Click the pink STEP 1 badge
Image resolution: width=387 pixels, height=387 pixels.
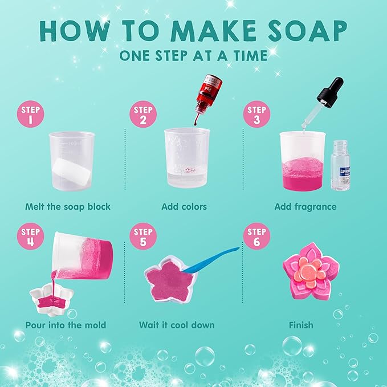pos(31,115)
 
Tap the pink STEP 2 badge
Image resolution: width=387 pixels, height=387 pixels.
pos(143,115)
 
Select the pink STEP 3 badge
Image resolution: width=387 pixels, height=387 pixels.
pos(256,115)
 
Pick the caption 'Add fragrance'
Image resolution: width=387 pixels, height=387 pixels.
pos(305,206)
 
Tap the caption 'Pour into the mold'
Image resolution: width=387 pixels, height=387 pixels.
pos(66,325)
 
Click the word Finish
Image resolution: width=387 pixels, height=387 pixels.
pos(300,325)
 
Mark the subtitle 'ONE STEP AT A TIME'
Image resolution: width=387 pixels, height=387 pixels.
pos(193,55)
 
